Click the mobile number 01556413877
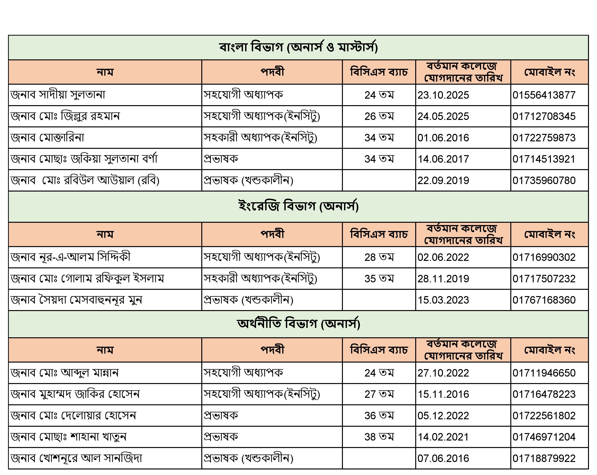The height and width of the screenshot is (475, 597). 544,95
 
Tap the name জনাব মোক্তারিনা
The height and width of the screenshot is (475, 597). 47,138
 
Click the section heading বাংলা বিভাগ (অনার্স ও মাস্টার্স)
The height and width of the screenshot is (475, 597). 298,47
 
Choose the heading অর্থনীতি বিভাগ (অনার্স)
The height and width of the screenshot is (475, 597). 298,324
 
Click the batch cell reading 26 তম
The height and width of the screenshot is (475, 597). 379,116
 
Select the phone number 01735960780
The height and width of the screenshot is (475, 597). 544,180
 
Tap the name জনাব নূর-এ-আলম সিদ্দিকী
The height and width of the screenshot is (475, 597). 70,257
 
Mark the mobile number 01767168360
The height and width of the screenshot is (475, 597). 544,300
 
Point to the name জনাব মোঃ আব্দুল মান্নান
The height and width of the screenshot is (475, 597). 64,373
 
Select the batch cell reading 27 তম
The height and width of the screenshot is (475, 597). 379,394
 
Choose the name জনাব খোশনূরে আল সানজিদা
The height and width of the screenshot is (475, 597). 76,458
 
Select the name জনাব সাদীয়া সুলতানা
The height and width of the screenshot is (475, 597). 58,95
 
